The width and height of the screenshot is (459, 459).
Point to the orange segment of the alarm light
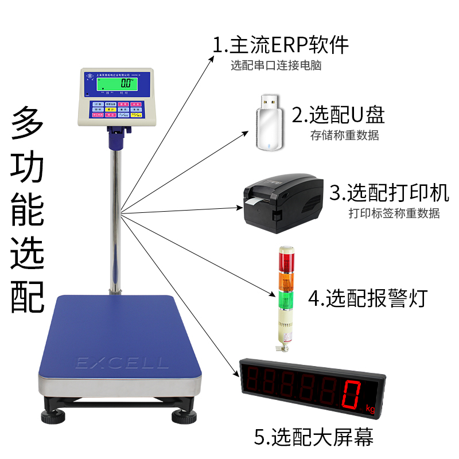[285, 280]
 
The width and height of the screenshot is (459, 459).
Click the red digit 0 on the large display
[352, 394]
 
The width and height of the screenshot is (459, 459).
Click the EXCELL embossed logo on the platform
[122, 363]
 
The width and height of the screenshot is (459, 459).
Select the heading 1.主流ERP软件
[281, 45]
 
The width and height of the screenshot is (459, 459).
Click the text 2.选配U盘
[338, 115]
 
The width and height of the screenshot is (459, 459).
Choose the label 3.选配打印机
[389, 193]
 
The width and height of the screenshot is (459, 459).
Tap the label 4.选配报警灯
[368, 298]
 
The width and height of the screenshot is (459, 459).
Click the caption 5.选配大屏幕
[313, 438]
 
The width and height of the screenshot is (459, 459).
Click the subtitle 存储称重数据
[344, 136]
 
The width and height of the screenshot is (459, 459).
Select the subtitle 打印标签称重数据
[394, 213]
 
